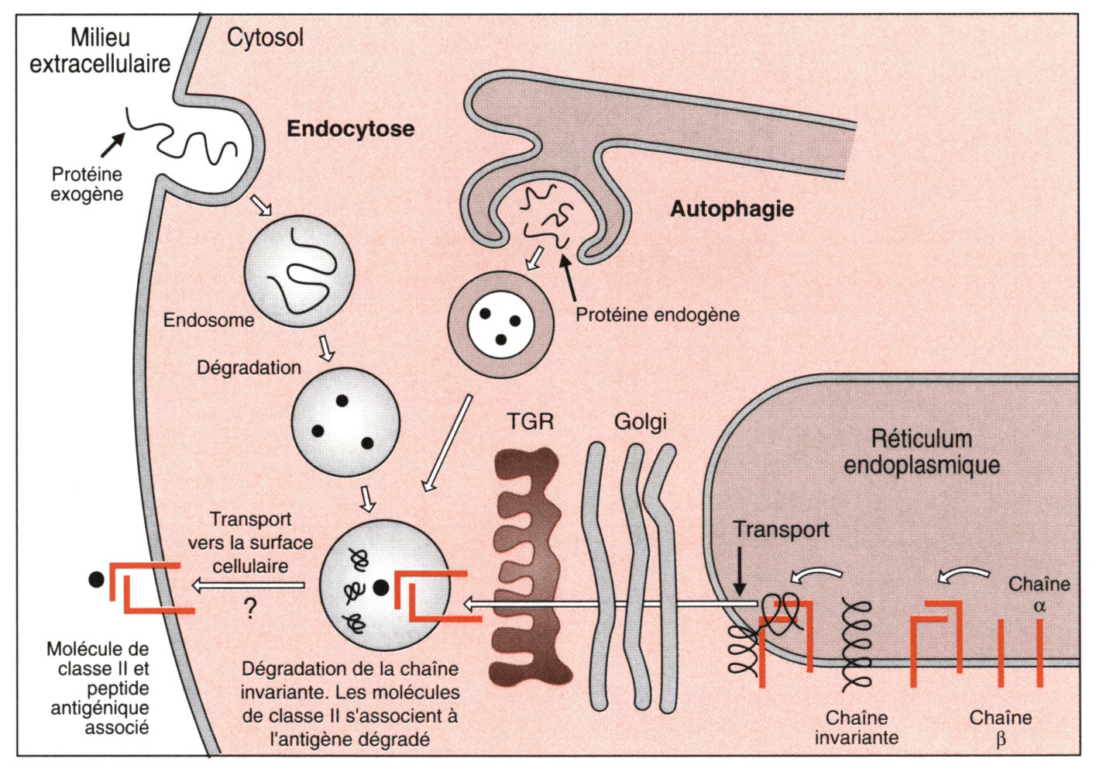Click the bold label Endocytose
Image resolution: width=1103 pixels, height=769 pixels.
pos(350,129)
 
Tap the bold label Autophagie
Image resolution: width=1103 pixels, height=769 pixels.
pos(732,209)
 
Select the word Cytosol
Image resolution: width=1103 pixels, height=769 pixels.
pos(265,37)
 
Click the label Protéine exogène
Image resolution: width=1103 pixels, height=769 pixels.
pos(87,184)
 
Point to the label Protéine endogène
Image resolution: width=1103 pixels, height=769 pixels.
pos(657,315)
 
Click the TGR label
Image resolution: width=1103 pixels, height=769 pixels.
pos(530,422)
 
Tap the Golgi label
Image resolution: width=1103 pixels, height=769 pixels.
pos(640,422)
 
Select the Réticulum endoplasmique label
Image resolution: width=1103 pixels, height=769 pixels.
pos(921,451)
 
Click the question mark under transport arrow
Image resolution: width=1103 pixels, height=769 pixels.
pos(250,609)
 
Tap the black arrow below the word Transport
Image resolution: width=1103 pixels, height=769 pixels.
pos(740,571)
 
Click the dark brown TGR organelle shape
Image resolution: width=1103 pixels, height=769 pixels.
pos(527,566)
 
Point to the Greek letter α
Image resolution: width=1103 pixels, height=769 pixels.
pos(1039,606)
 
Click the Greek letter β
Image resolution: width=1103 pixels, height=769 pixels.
pos(1001,739)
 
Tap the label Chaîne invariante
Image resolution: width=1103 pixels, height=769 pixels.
pos(856,728)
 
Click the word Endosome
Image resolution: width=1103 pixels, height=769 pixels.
pos(208,320)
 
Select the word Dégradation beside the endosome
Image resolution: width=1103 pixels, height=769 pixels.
pos(249,367)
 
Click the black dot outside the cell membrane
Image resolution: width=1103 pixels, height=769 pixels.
pos(96,579)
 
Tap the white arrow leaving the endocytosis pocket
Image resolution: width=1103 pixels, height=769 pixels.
pos(261,205)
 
